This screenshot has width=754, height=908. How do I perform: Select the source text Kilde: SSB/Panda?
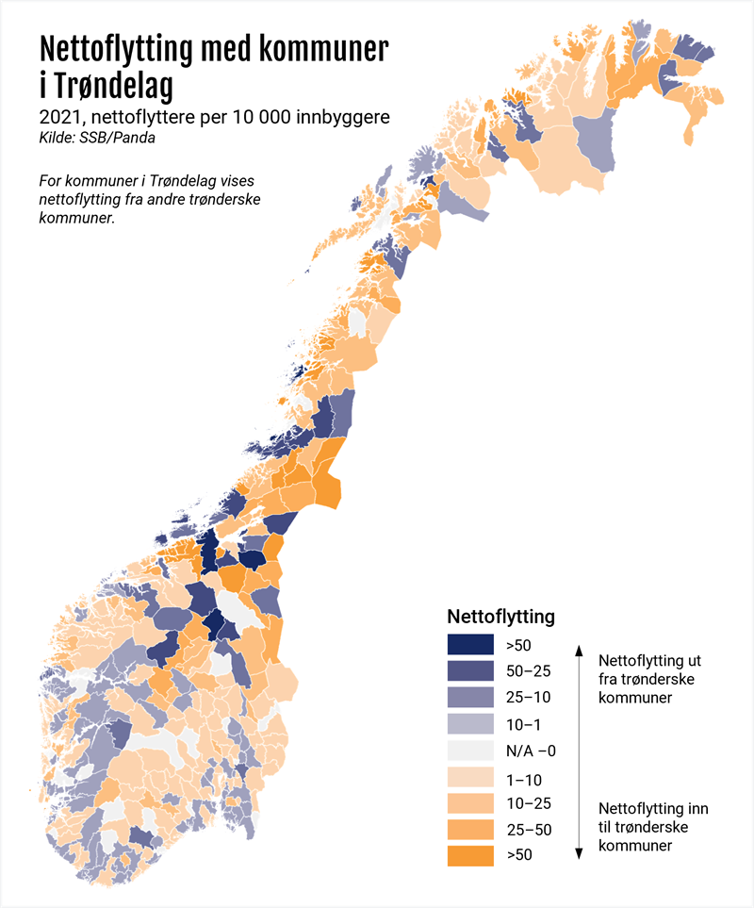[x=97, y=138]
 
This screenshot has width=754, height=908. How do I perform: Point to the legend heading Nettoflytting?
[x=500, y=618]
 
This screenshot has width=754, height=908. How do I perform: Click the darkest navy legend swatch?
[x=470, y=645]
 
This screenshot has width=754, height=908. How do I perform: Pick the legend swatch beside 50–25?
[x=470, y=671]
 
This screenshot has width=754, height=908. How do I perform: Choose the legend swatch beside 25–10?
[x=470, y=698]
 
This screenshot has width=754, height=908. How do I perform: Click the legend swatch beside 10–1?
[x=470, y=724]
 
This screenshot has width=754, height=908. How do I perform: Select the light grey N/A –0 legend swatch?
[x=470, y=751]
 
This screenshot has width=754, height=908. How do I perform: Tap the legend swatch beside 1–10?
[x=470, y=778]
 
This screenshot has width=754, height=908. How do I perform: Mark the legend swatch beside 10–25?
[x=470, y=804]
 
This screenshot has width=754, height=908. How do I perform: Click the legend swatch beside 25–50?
[x=470, y=831]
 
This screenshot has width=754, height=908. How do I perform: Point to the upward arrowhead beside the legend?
[x=579, y=650]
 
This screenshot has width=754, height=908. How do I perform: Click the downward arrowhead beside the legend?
[x=579, y=853]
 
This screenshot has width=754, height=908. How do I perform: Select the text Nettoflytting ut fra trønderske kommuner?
[x=649, y=679]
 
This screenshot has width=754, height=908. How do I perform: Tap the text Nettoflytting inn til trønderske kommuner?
[x=653, y=828]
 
